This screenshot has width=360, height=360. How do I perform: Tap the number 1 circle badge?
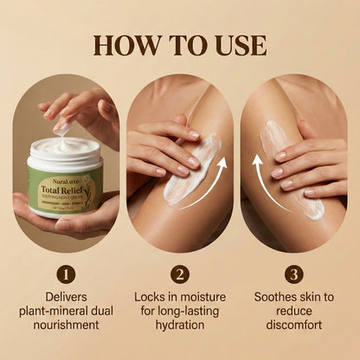(66, 274)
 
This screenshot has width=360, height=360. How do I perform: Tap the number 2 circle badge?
(180, 274)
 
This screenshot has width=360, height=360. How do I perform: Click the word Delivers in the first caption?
(66, 295)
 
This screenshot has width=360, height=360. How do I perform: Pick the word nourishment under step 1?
(66, 326)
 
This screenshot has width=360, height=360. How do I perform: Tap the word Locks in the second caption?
(151, 295)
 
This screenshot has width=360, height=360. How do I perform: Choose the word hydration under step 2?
(180, 326)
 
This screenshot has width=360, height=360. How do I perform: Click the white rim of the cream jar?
(66, 159)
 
